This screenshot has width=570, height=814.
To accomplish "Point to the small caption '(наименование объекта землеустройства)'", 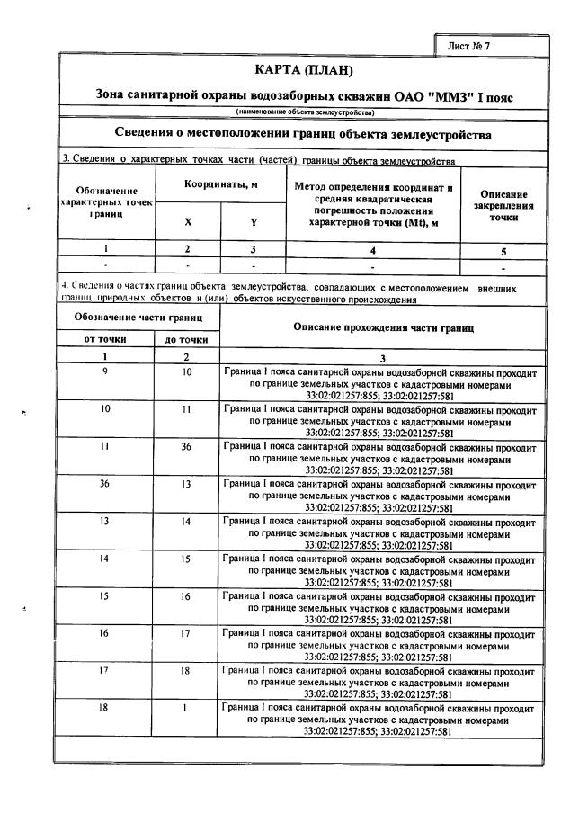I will tap(305, 112).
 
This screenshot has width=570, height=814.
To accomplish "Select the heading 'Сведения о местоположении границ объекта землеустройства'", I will tap(304, 134).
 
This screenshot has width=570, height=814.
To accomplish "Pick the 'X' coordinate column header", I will tap(188, 222).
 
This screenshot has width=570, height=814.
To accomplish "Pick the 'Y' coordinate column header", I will tap(254, 222).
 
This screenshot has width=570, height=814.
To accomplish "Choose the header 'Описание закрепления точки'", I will tap(504, 205).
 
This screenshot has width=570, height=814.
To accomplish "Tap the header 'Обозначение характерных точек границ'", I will tap(107, 203).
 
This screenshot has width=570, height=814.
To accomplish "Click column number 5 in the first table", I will tap(504, 251).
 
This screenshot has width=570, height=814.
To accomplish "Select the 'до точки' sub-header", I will tap(187, 339).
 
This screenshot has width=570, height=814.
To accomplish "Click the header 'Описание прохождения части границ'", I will tap(382, 327).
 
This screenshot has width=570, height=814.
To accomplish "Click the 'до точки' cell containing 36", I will tap(187, 445).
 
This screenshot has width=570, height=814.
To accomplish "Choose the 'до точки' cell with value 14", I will tap(187, 521).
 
